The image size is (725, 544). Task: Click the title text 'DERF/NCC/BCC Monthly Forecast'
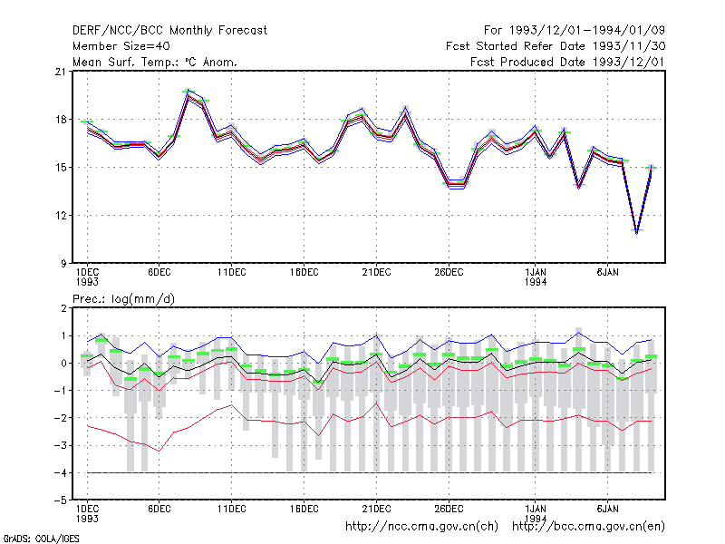[x=169, y=31]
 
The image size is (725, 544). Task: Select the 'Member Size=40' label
[x=121, y=46]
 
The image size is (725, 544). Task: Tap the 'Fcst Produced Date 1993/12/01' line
[x=568, y=62]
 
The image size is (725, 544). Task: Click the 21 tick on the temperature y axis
[x=61, y=72]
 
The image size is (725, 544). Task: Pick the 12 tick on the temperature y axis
[x=61, y=216]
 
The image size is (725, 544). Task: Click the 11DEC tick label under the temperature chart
[x=232, y=273]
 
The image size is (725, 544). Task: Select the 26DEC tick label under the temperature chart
[x=449, y=273]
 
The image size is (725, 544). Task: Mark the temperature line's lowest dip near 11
[x=637, y=232]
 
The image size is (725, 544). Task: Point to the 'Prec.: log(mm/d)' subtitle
[x=123, y=299]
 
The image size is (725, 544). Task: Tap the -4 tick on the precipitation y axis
[x=61, y=473]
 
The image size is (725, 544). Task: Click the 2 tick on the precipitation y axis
[x=63, y=308]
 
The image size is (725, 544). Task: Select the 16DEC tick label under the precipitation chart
[x=304, y=509]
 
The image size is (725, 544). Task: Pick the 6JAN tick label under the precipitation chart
[x=607, y=509]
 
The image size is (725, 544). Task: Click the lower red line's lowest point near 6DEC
[x=159, y=451]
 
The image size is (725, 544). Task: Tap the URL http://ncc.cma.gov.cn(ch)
[x=421, y=527]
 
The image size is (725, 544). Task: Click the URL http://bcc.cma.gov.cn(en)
[x=588, y=527]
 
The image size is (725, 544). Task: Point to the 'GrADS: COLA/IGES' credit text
[x=41, y=539]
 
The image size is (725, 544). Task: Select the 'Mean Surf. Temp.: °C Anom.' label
[x=155, y=62]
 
